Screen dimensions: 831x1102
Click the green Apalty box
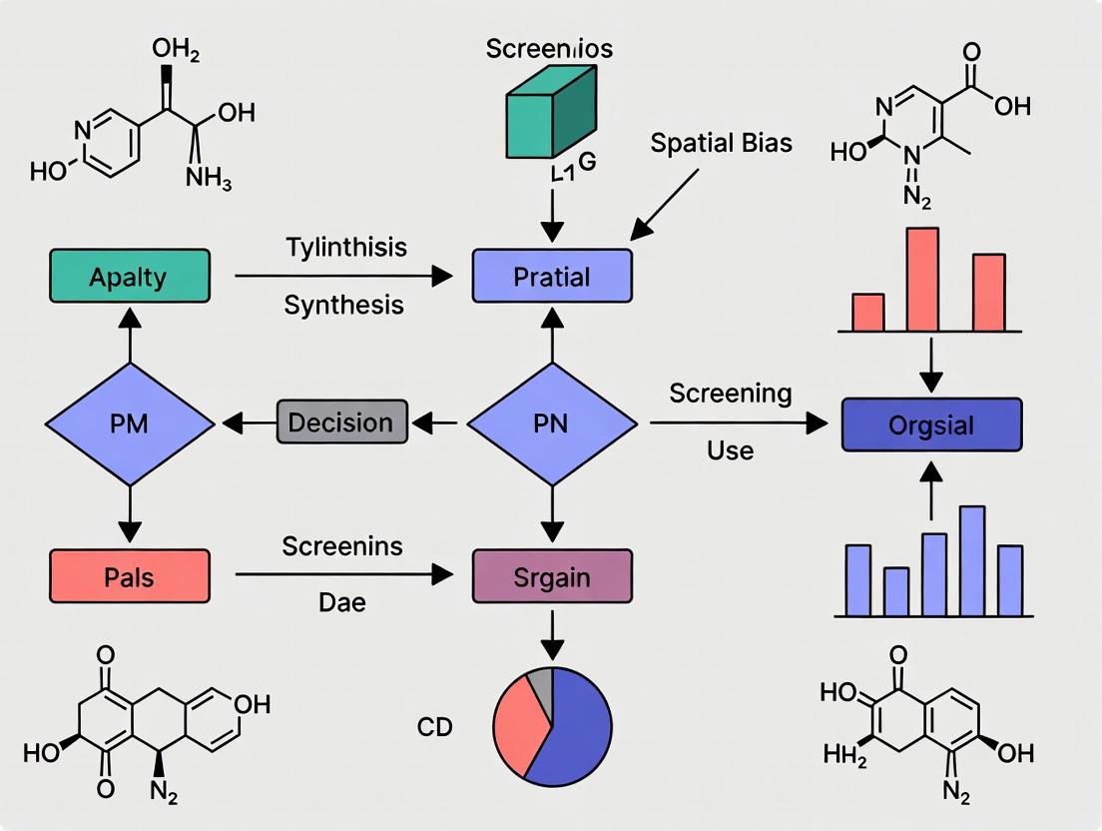tap(130, 276)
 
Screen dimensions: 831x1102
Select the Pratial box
tap(551, 276)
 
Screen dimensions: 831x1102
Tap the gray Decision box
tap(340, 421)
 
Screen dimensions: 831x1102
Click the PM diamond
tap(130, 423)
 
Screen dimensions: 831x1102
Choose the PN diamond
tap(551, 423)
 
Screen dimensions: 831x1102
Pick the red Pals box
tap(130, 576)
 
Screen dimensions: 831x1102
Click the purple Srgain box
tap(551, 576)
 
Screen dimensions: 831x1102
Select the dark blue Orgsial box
tap(930, 424)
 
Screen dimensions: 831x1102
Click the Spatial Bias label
tap(721, 143)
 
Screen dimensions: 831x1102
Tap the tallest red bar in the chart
tap(921, 280)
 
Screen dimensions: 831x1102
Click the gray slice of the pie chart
tap(540, 682)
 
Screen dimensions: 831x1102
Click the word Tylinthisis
tap(345, 246)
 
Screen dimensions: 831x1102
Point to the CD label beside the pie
tap(434, 727)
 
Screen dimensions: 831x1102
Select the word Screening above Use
tap(730, 394)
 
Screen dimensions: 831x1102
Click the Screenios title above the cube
tap(549, 48)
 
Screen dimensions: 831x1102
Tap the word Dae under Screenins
tap(341, 601)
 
